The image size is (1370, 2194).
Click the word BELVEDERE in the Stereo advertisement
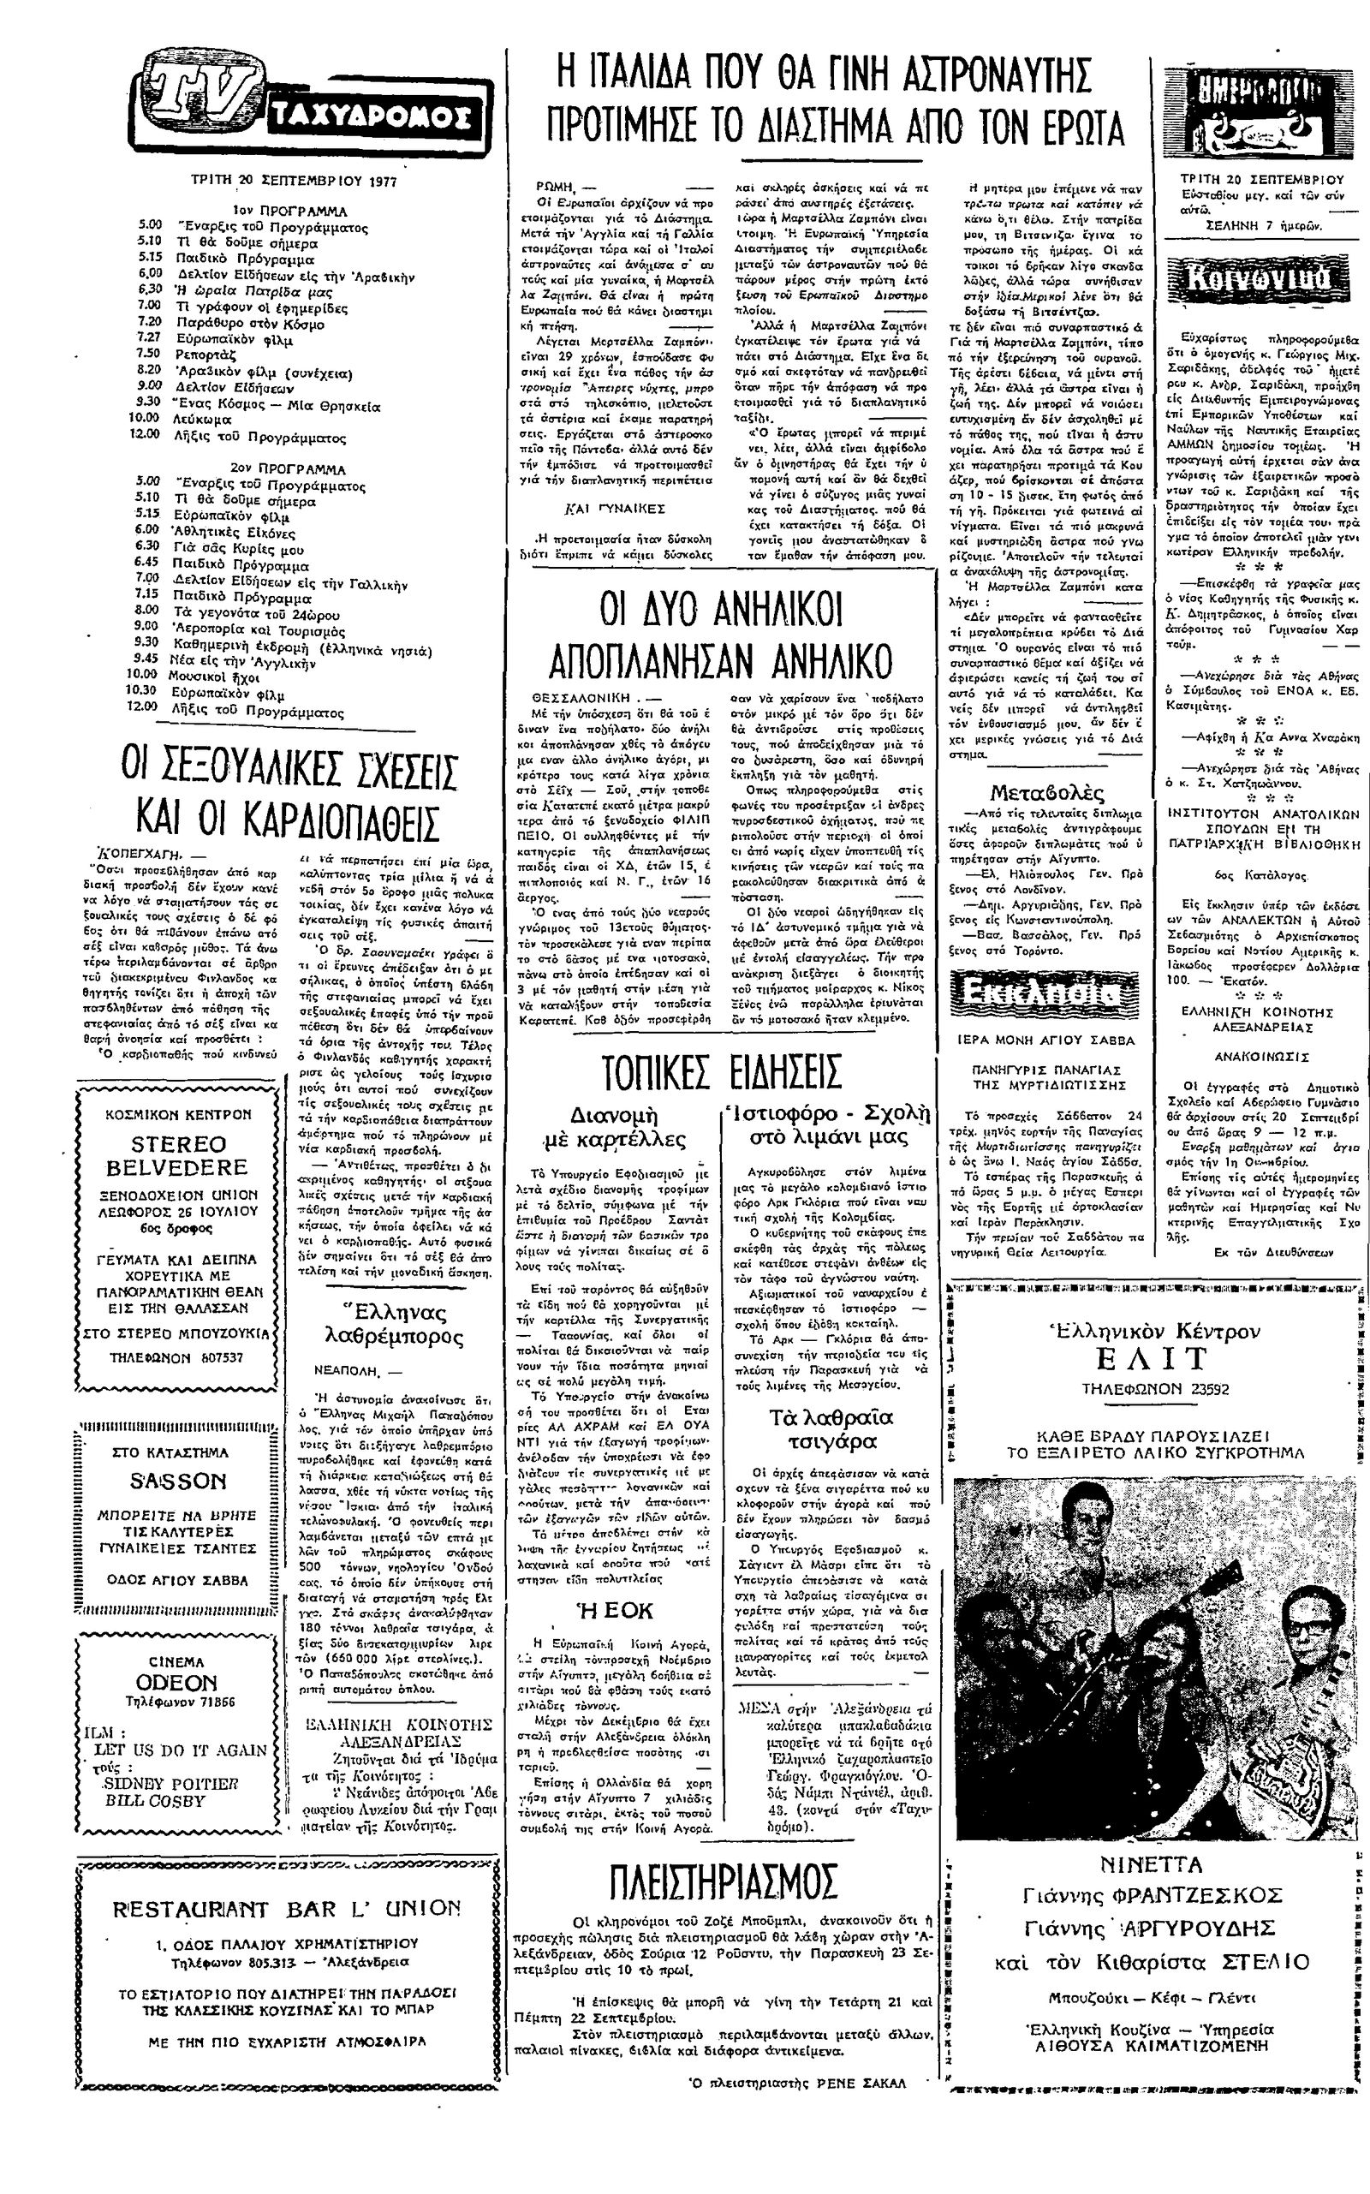pos(164,1167)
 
